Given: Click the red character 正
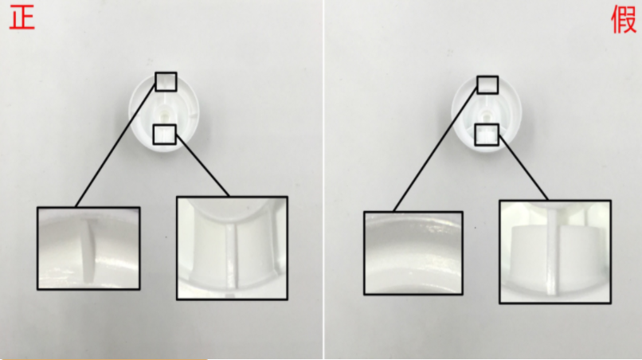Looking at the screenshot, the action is [22, 19].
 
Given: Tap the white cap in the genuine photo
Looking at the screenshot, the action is [164, 112].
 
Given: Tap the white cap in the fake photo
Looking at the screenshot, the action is [486, 114].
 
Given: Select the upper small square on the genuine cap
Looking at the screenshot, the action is [166, 81].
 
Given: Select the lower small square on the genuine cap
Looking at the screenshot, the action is [165, 135].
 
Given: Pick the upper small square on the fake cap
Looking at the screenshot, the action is [487, 84].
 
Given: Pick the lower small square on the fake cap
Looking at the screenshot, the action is [487, 135].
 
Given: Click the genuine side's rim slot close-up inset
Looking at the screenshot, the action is [89, 248].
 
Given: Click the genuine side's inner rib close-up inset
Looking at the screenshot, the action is [232, 248].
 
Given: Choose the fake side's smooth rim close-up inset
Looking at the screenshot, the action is [413, 253].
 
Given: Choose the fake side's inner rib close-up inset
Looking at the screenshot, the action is [555, 252].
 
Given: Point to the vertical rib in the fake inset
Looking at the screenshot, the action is [552, 251].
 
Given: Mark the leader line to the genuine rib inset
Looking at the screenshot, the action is [202, 166].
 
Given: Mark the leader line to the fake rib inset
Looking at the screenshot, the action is [523, 168].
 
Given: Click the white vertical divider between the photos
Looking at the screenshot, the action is [323, 180].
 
